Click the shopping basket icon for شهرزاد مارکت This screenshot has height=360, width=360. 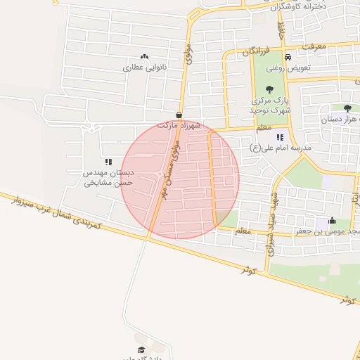tap(179, 115)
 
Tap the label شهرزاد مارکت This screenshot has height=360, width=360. tap(179, 125)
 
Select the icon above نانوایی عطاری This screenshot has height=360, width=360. tap(144, 56)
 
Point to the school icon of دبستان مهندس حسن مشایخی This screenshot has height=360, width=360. tap(108, 162)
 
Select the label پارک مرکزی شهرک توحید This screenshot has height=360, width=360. tap(270, 105)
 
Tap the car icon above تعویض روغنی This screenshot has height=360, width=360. tap(288, 56)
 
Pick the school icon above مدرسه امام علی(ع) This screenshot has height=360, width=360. tap(280, 137)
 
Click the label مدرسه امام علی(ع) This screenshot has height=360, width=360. tap(280, 148)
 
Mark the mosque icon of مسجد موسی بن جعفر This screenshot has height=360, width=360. tap(332, 221)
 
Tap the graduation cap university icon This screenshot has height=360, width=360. tap(141, 349)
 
